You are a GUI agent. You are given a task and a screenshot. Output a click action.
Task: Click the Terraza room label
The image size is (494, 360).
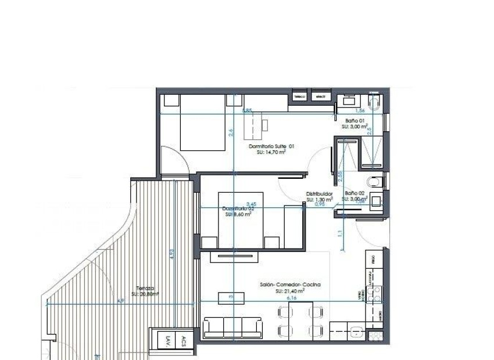tap(145, 288)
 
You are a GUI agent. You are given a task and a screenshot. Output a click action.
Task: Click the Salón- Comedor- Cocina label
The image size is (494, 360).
tap(291, 285)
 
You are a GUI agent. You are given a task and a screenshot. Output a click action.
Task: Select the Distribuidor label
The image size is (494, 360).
tap(319, 195)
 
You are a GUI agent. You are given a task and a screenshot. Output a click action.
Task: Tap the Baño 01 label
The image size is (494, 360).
tap(354, 121)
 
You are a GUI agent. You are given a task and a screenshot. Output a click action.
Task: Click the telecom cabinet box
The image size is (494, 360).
tap(300, 96)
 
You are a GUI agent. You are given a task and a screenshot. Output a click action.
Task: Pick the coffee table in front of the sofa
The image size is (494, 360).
tap(228, 298)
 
